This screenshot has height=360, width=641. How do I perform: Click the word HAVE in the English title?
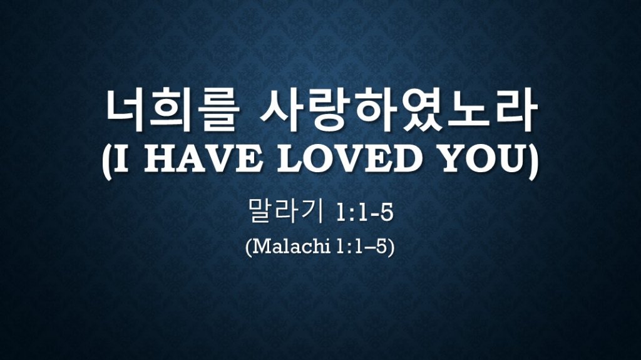pos(203,160)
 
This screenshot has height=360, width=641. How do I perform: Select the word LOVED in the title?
pos(349,160)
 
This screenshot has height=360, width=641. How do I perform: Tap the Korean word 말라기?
pos(285,211)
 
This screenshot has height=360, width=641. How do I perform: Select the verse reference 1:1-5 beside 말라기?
pos(364,213)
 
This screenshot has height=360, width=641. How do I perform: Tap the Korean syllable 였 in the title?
pos(421,110)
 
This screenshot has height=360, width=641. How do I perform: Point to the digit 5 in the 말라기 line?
pos(386,213)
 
